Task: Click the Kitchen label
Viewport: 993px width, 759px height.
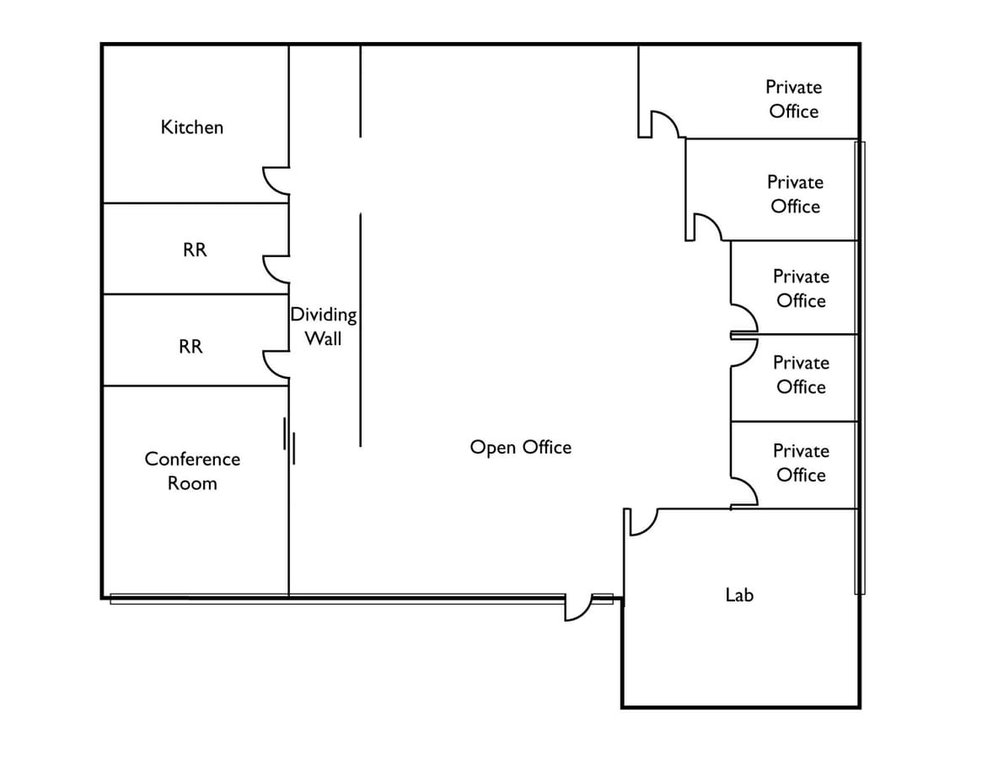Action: pos(192,127)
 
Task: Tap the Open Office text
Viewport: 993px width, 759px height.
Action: pos(520,447)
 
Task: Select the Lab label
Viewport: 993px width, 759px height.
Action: pos(739,595)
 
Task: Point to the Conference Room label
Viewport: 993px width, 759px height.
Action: pos(192,471)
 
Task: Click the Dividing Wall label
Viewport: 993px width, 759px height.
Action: pos(324,326)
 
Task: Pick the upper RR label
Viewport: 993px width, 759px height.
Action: pos(195,250)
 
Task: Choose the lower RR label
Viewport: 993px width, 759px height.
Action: pos(191,347)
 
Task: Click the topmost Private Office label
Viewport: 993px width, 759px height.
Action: pos(793,99)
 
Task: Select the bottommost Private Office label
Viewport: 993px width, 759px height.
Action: pos(801,463)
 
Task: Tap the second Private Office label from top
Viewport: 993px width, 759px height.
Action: pos(795,194)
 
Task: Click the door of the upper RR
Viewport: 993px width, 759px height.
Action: pos(276,269)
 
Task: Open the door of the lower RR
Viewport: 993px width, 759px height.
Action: pos(276,363)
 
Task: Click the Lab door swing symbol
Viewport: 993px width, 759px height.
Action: pos(641,522)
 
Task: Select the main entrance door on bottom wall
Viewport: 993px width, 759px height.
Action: pos(578,607)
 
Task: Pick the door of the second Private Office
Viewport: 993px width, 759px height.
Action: pos(706,227)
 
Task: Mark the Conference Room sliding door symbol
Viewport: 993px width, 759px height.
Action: pos(288,441)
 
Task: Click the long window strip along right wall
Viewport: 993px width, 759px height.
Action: pos(859,367)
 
